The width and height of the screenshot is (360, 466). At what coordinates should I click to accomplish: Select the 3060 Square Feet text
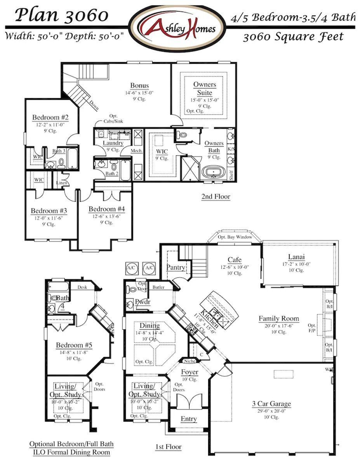pos(293,37)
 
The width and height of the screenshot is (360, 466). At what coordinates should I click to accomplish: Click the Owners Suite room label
pos(205,89)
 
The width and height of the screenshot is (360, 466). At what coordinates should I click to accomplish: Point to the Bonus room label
pos(139,85)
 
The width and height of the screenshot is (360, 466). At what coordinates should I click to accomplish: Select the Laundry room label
pos(113,143)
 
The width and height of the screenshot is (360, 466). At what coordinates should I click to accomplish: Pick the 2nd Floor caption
pos(216,196)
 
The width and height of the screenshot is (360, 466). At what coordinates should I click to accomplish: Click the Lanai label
pos(296,257)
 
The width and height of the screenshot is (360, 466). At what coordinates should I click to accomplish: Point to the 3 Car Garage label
pos(271,403)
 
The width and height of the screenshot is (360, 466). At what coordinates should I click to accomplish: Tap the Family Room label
pos(279,318)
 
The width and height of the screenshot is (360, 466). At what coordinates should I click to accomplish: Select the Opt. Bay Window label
pos(235,237)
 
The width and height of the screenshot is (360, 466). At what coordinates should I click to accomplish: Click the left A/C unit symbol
pos(130,268)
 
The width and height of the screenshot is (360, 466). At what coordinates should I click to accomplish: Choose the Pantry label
pos(176,267)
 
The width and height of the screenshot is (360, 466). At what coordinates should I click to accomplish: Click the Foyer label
pos(190,372)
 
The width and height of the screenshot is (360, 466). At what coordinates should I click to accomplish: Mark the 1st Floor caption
pos(168,447)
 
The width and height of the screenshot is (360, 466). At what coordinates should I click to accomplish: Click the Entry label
pos(189,419)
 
